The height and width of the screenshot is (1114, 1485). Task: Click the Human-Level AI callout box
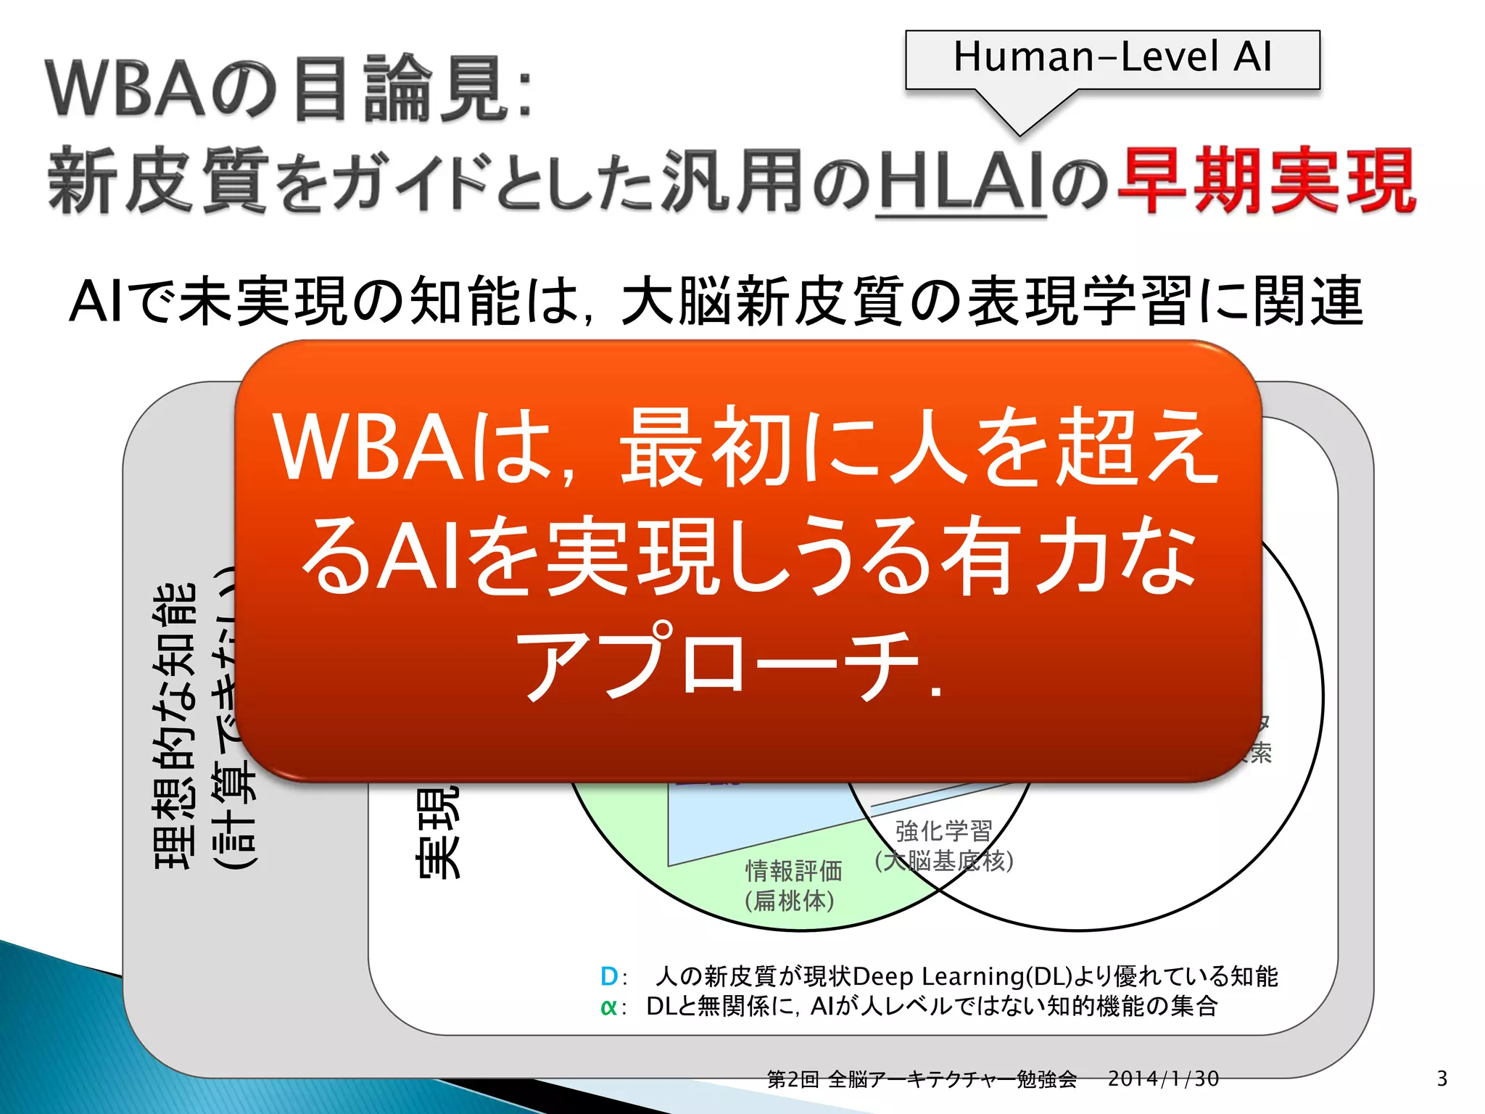(1112, 59)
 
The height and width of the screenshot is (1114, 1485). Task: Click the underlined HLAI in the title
(961, 181)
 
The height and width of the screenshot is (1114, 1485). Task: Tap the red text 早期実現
(1265, 181)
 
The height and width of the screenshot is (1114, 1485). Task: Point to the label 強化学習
(943, 831)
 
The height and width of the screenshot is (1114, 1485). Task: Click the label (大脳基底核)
(943, 861)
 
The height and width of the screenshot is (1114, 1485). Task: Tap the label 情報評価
(793, 870)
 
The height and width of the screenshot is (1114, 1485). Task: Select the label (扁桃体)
(790, 901)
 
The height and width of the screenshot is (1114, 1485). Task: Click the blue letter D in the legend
(609, 977)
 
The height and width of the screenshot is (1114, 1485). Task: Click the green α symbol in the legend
(608, 1007)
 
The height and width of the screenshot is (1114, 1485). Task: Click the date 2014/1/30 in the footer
(1163, 1078)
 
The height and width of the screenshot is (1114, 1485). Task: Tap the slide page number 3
(1441, 1078)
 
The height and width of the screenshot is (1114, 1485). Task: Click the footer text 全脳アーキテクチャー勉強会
(952, 1079)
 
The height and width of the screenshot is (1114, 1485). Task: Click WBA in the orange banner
(370, 450)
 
